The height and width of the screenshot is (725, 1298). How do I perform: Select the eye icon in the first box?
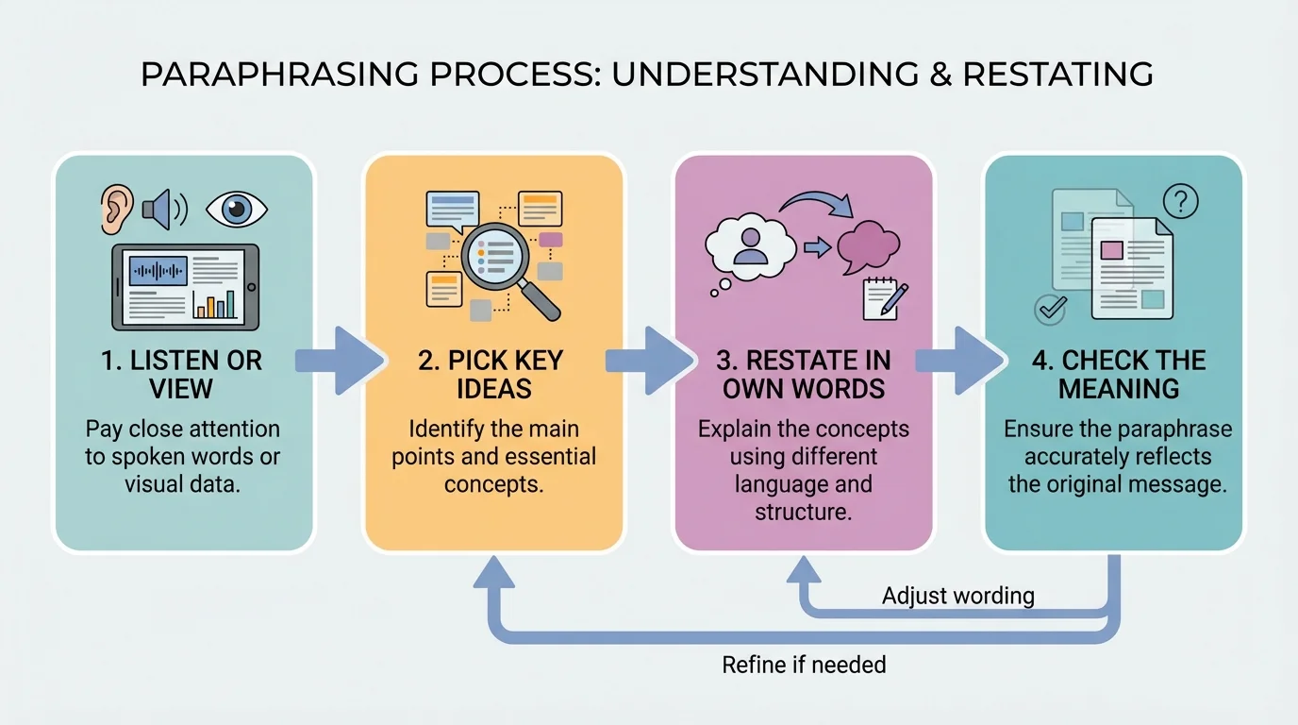236,209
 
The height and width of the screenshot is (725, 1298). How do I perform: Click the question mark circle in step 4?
1180,200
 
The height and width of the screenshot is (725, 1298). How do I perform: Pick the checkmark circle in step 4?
1050,308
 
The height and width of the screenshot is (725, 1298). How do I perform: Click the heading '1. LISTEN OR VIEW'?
181,374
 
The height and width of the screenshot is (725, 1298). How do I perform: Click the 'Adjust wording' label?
957,596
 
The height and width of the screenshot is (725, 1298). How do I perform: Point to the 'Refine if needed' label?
804,665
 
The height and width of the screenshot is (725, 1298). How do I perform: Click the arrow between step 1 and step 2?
340,361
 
